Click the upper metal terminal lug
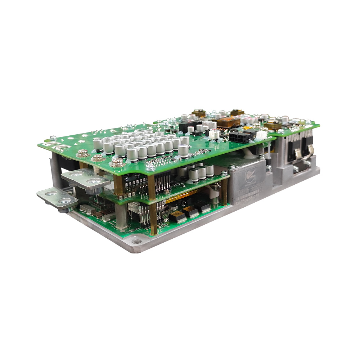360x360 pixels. [x=85, y=179]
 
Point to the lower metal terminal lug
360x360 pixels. [x=57, y=198]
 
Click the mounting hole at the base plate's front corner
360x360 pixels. [x=136, y=241]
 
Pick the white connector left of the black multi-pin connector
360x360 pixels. [x=215, y=134]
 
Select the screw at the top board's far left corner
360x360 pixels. [x=53, y=138]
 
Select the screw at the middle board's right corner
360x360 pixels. [x=225, y=174]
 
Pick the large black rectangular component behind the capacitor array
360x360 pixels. [x=187, y=126]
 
